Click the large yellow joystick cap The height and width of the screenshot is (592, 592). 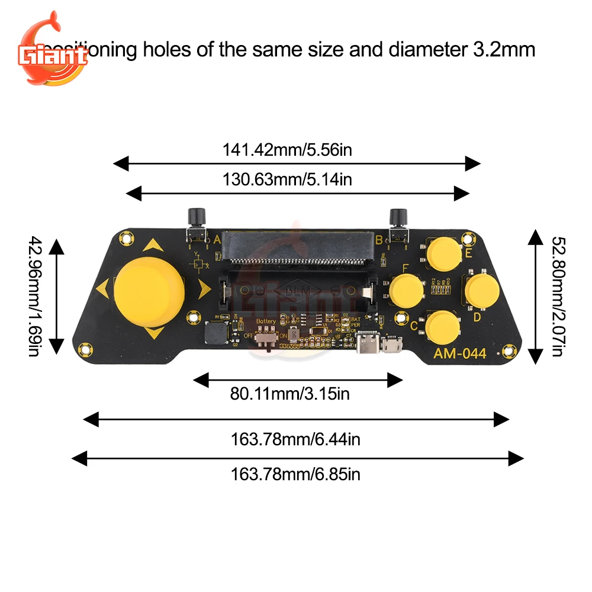click(149, 292)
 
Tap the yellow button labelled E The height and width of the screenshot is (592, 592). click(445, 253)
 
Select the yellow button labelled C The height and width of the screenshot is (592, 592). click(443, 327)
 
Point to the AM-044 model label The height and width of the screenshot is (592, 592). click(459, 354)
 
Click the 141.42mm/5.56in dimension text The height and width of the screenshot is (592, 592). click(287, 150)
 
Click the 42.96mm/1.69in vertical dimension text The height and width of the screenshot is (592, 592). click(35, 296)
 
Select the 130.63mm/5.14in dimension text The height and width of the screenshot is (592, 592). click(287, 179)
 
